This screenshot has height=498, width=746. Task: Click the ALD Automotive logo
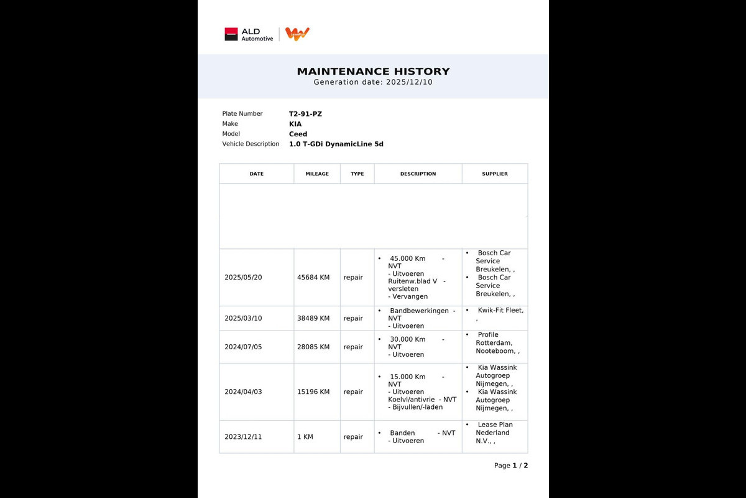coord(249,34)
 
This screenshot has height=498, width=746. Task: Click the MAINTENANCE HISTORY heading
coord(373,72)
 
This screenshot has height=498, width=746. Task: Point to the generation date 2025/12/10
coord(409,82)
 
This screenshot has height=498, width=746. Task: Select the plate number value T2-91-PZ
coord(305,114)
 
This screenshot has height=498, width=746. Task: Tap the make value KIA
coord(295,124)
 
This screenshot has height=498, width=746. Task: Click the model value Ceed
coord(298,134)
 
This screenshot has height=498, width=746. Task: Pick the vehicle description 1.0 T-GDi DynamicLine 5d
coord(336,144)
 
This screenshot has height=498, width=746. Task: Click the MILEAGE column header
coord(317,174)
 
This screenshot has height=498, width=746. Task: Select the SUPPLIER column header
coord(495,174)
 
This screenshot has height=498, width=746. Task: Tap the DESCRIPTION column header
coord(418,174)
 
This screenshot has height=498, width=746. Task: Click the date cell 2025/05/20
coord(243,278)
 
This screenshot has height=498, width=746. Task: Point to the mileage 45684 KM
coord(313,278)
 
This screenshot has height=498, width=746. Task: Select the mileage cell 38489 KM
coord(313,318)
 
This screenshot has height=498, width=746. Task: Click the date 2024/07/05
coord(243,347)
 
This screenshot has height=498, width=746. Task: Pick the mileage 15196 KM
coord(313,392)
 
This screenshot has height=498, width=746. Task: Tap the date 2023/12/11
coord(243,437)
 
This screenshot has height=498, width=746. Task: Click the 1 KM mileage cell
coord(305,437)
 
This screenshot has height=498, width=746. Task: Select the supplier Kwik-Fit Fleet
coord(500,310)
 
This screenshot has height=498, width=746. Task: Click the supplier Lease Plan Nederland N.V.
coord(494,433)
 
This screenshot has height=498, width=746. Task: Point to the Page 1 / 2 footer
coord(511,466)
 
